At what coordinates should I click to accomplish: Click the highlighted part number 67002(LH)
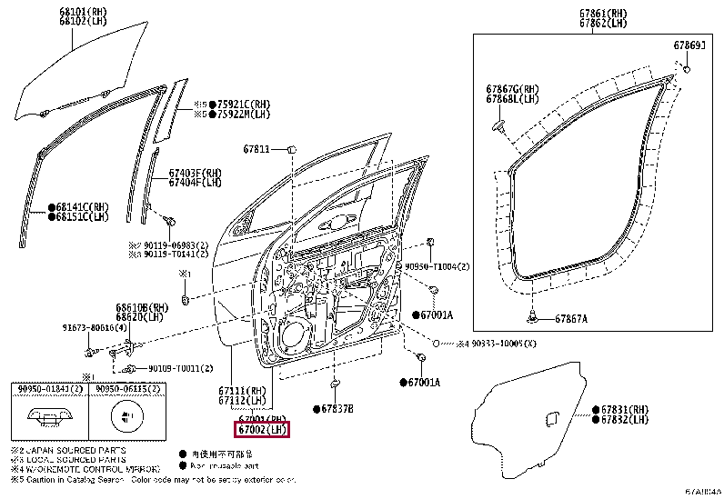[x=261, y=428]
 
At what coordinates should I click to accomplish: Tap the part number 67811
[x=256, y=149]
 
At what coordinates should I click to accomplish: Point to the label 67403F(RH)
[x=195, y=173]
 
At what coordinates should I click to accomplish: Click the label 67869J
[x=689, y=44]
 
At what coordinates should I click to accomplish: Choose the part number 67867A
[x=570, y=318]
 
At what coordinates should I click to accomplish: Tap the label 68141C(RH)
[x=81, y=206]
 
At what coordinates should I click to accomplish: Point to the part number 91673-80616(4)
[x=95, y=327]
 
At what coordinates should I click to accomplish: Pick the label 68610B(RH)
[x=142, y=307]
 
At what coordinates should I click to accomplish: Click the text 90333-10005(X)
[x=504, y=344]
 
